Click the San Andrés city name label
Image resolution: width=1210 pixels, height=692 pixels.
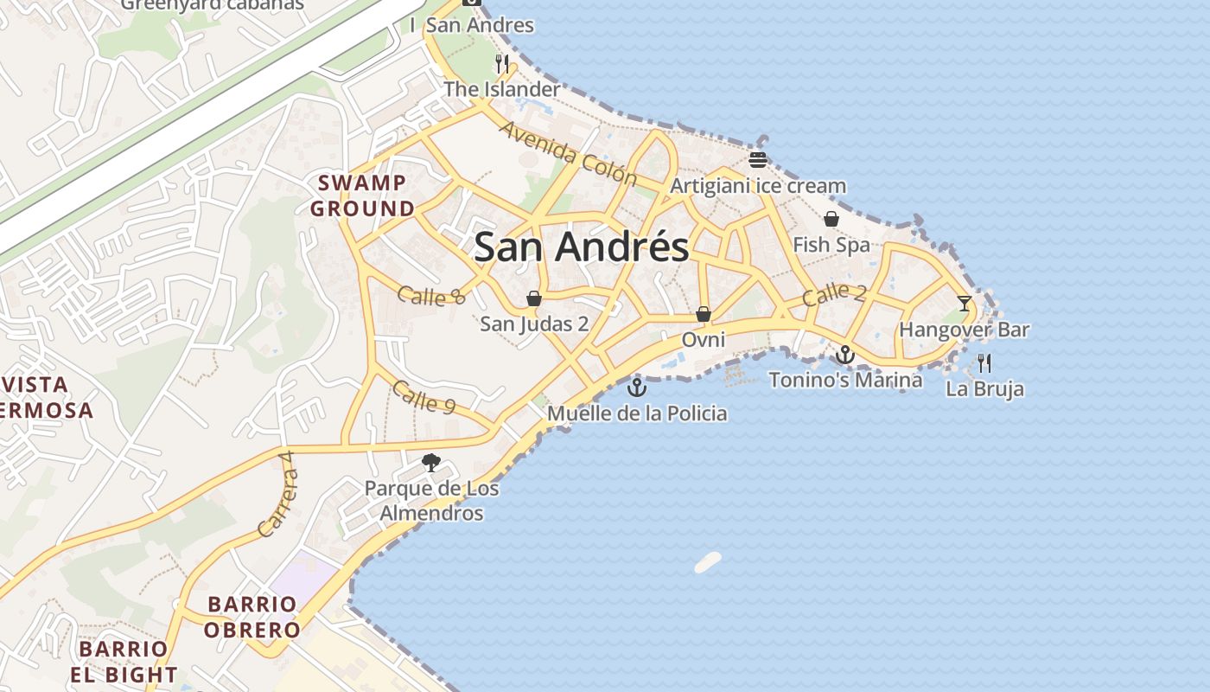click(x=582, y=247)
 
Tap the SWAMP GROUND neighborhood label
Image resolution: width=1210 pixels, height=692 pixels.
click(x=363, y=195)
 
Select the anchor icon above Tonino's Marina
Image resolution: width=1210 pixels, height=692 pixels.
click(x=844, y=355)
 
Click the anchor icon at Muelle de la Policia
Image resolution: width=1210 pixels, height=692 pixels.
click(x=637, y=387)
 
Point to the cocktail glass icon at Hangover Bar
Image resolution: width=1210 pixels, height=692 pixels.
click(x=965, y=304)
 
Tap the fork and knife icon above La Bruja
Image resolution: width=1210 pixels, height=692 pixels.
click(x=984, y=362)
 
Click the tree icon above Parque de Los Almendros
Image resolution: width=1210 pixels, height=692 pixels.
click(x=431, y=463)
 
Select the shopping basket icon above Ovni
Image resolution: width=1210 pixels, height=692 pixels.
click(x=704, y=314)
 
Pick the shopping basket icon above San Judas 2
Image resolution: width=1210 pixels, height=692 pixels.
click(x=534, y=298)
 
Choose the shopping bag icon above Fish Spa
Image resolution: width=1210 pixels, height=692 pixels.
click(x=831, y=219)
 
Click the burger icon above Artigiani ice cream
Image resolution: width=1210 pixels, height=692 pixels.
click(x=758, y=159)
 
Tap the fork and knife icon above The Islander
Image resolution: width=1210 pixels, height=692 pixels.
click(x=502, y=63)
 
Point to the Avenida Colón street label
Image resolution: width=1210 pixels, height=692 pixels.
click(x=569, y=154)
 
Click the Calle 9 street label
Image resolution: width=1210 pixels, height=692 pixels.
click(x=423, y=397)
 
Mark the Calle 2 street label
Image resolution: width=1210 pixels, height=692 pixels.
click(x=834, y=294)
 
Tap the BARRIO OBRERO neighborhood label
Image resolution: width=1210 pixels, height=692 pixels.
click(x=252, y=617)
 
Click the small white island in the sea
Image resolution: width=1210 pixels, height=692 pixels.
click(x=708, y=562)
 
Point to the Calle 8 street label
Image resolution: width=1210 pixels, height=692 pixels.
click(x=431, y=296)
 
